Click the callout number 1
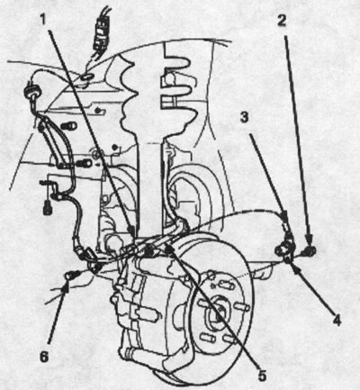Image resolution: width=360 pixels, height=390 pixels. coord(43,20)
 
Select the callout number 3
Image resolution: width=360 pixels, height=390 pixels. coord(245,117)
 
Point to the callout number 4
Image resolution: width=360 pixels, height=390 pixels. coord(337,321)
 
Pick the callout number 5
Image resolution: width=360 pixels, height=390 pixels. coord(262,376)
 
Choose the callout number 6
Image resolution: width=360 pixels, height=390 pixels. coord(44,357)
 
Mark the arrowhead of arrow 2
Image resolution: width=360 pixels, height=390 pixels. coord(309,240)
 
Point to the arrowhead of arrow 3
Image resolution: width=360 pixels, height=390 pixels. coord(284,217)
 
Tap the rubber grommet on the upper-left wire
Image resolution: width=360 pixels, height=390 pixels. coord(31,91)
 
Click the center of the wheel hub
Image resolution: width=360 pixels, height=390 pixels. coord(218,313)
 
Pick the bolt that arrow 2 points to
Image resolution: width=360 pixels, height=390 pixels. coord(309,250)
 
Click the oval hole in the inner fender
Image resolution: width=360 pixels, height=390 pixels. coord(87,77)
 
